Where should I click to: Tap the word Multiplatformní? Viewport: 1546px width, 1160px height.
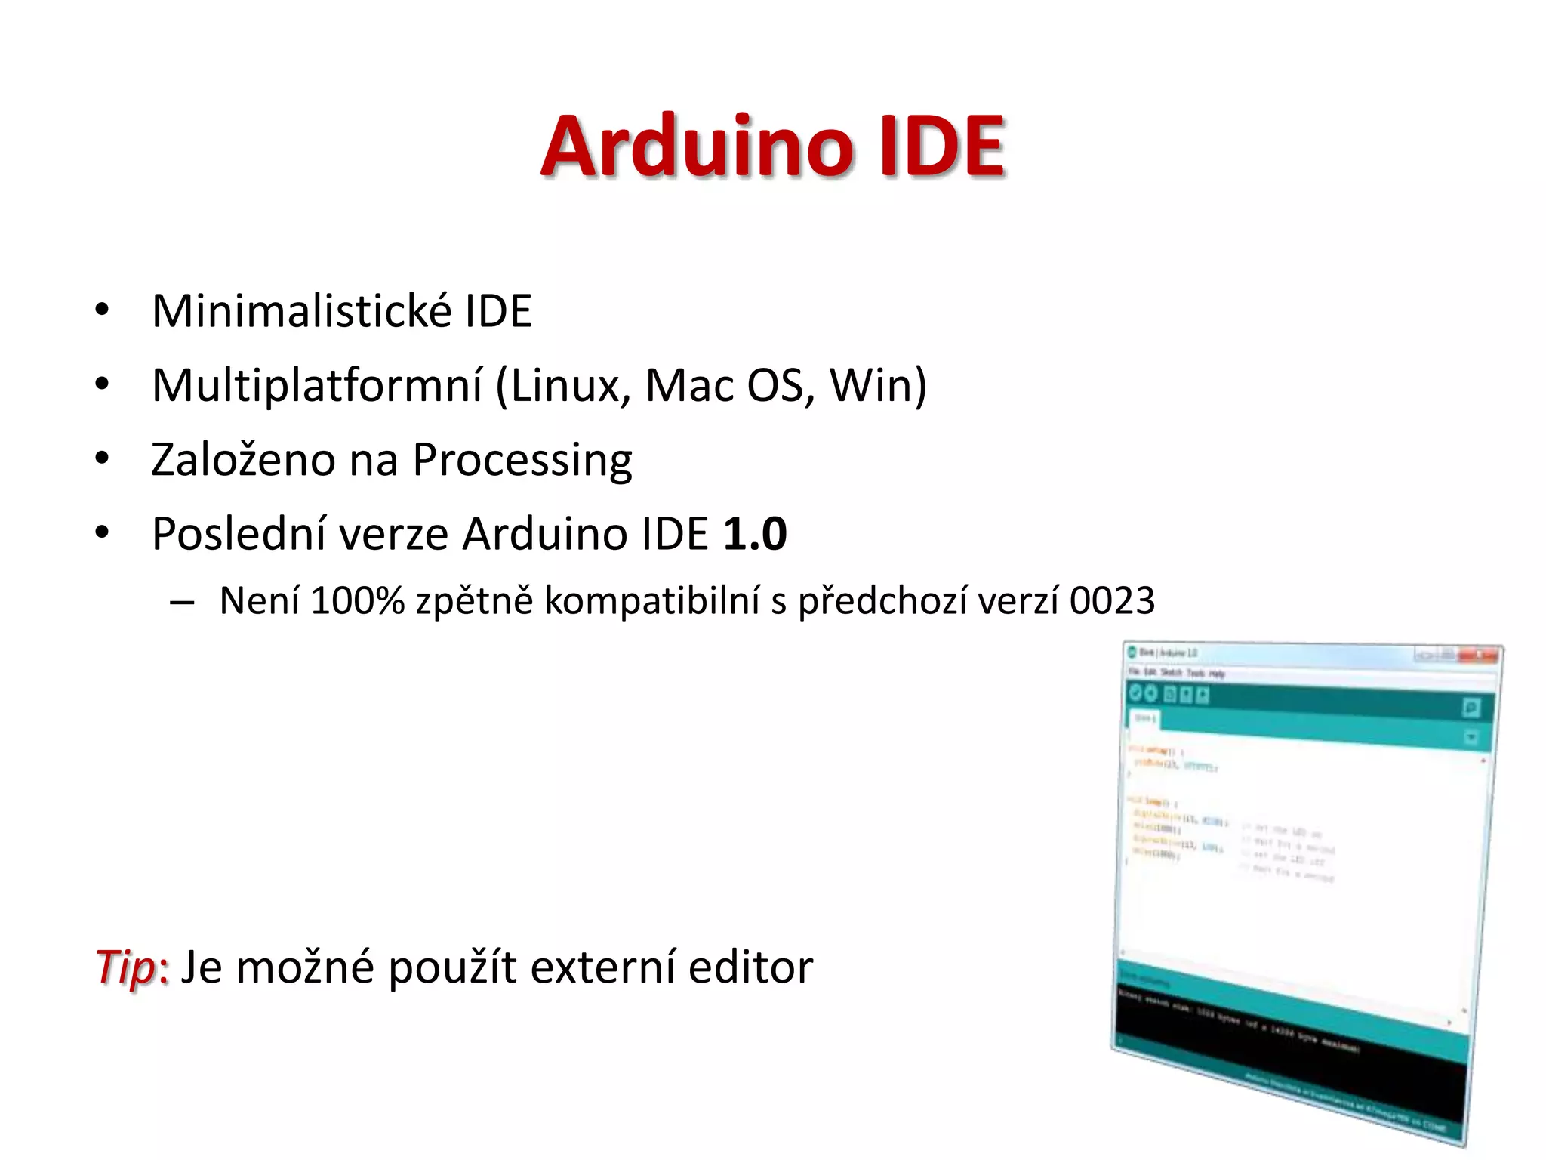coord(317,385)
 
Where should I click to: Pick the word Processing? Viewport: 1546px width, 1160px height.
coord(522,461)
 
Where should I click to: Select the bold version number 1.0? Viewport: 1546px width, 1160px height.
coord(754,534)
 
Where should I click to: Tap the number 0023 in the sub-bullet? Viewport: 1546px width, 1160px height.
coord(1112,601)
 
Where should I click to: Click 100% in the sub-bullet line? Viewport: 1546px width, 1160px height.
coord(357,601)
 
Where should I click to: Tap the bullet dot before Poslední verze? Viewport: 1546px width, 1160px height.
coord(102,532)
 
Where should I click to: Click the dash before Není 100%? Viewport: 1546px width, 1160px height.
coord(182,603)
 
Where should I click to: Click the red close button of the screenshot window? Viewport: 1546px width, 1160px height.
coord(1479,655)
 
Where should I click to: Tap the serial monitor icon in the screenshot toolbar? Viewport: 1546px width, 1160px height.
coord(1471,708)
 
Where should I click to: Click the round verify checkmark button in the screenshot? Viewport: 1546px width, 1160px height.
coord(1135,693)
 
